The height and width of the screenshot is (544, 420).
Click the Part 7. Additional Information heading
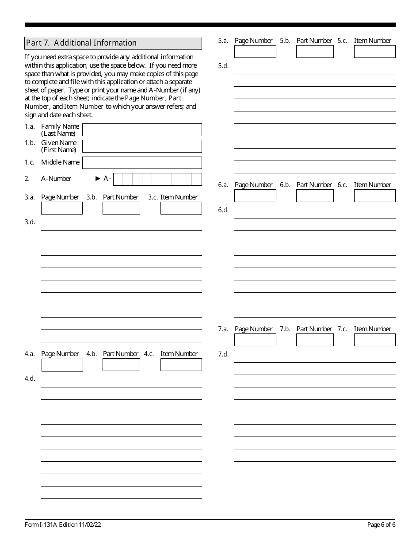[81, 43]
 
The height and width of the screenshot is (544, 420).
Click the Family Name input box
[142, 130]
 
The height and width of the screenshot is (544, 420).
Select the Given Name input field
[142, 146]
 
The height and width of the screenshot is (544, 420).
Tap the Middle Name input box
[142, 162]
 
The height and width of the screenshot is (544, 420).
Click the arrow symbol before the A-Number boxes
[98, 179]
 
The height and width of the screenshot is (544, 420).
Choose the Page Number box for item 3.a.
[62, 208]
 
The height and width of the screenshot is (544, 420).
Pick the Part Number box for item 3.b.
[121, 208]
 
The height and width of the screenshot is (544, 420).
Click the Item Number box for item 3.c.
[181, 208]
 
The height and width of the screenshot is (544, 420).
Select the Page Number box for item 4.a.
[62, 365]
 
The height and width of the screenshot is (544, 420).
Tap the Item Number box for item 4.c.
[181, 365]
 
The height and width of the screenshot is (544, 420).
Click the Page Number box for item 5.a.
[255, 51]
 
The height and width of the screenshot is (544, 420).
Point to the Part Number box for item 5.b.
[315, 51]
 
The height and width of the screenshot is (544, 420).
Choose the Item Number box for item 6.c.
[374, 195]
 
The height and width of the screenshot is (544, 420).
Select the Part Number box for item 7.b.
[315, 340]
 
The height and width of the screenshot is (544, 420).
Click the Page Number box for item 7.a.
[255, 340]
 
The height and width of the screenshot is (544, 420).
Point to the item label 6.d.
[223, 210]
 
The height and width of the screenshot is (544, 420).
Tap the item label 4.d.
[30, 379]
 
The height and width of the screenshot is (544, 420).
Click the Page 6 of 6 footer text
[381, 525]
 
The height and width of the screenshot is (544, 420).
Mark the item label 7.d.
[223, 354]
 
